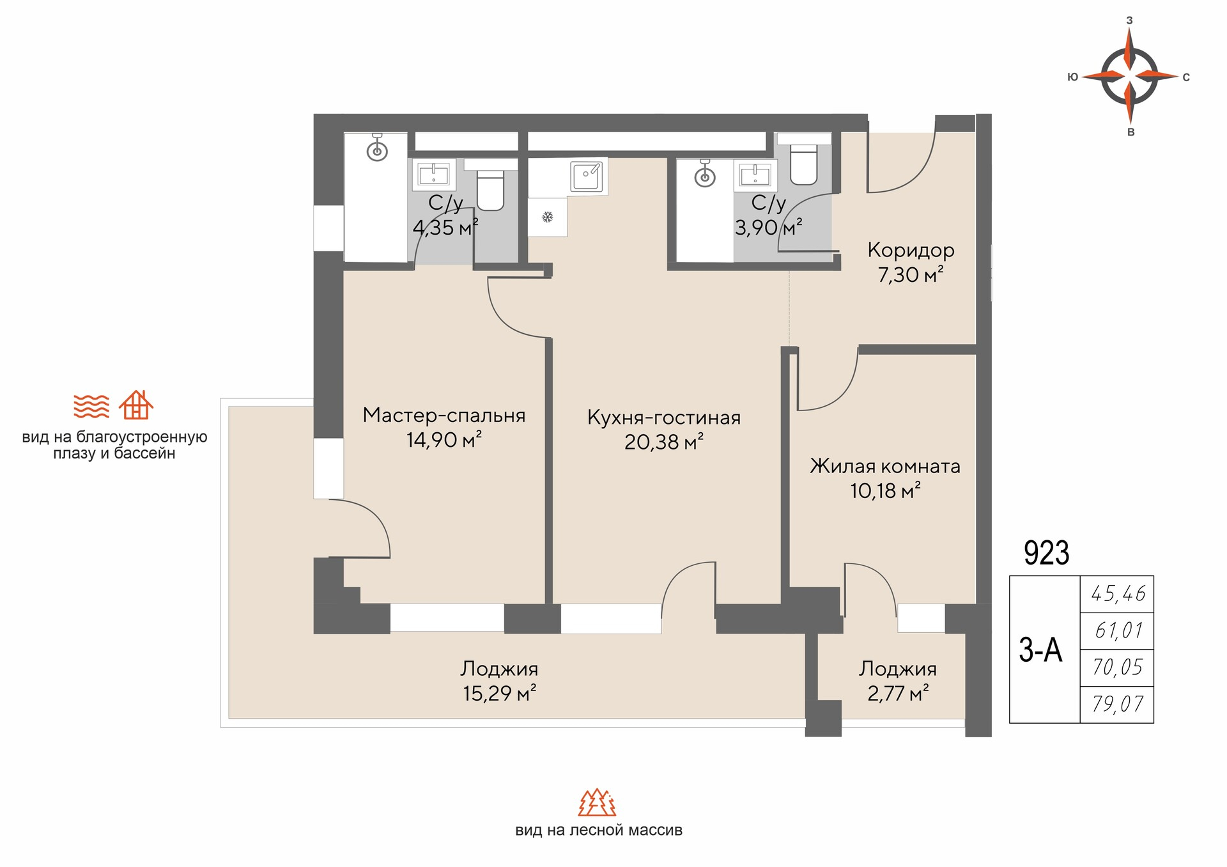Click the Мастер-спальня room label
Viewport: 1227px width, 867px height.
(444, 416)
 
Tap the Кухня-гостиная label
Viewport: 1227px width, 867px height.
(664, 418)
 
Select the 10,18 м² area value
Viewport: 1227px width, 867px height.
(885, 490)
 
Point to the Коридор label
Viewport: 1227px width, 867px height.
(911, 250)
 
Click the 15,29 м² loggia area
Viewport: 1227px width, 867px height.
(500, 693)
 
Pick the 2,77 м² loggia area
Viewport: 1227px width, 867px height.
(898, 693)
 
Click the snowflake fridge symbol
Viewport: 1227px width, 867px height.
(547, 217)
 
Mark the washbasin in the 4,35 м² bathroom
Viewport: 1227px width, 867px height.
(433, 174)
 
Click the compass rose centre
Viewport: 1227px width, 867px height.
(1129, 77)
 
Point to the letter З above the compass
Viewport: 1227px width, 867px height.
(1129, 20)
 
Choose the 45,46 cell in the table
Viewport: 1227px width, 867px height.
(1118, 594)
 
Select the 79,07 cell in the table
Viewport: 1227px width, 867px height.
(1118, 704)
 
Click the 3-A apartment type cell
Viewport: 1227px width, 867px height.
(1040, 650)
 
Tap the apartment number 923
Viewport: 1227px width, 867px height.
(1046, 552)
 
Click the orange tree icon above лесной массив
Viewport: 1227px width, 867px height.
(598, 802)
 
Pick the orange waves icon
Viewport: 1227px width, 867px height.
(91, 406)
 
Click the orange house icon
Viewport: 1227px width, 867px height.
(136, 405)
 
